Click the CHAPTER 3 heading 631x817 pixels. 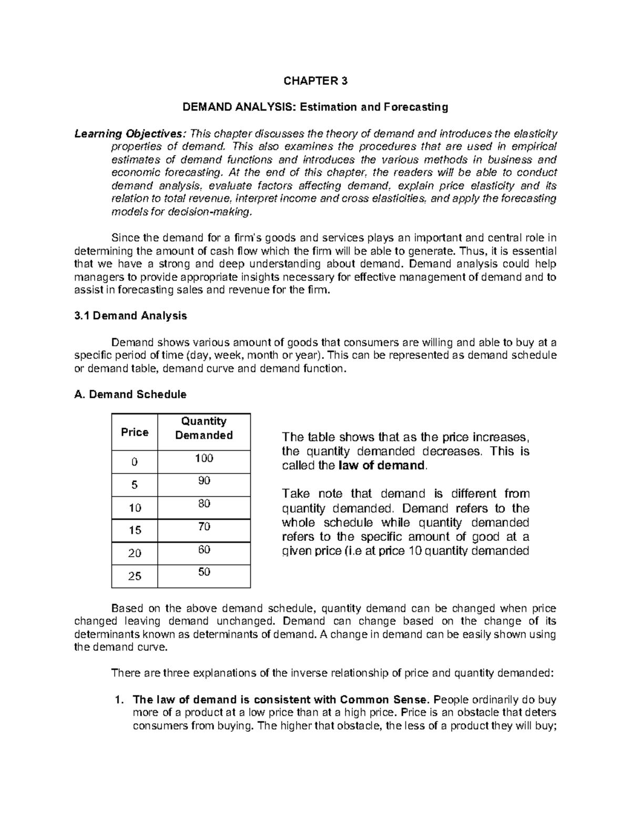[315, 81]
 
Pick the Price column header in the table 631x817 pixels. [135, 432]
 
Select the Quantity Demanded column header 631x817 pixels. [203, 428]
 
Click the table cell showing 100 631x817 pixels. [204, 458]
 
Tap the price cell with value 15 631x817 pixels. [135, 530]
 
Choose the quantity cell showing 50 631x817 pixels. [204, 572]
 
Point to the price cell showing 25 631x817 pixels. [135, 576]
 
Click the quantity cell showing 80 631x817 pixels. [204, 503]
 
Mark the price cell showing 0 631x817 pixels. [135, 462]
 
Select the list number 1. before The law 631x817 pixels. [119, 700]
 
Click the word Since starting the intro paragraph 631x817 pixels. [124, 238]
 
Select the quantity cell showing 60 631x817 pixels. [204, 549]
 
